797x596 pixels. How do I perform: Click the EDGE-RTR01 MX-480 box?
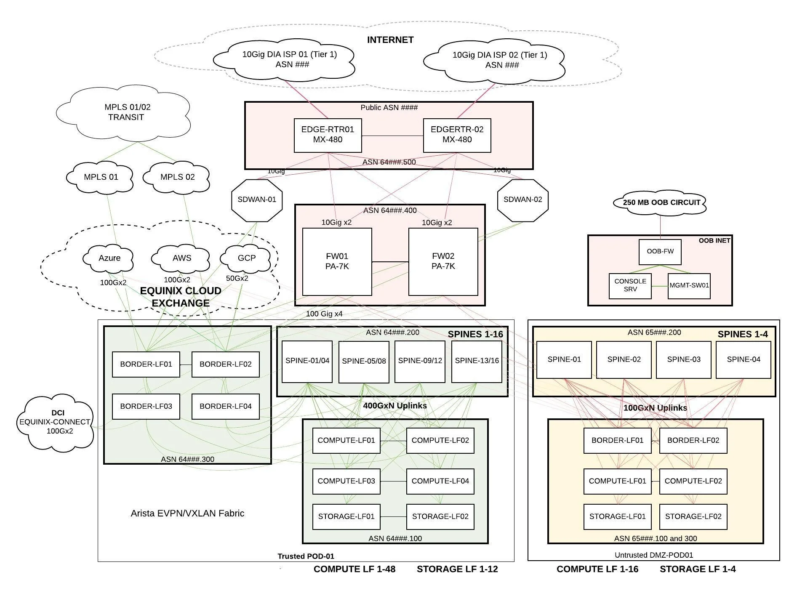point(328,135)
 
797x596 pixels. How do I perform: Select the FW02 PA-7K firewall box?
point(443,261)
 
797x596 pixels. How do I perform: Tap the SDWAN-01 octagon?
point(257,200)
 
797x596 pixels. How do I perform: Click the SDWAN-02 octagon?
point(522,200)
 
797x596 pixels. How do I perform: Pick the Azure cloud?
point(109,258)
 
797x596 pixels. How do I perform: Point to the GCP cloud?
point(246,258)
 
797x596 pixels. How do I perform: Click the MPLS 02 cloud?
point(177,177)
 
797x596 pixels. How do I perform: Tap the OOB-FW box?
point(660,252)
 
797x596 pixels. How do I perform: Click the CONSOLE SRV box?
point(630,286)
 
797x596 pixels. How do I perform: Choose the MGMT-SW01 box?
point(689,286)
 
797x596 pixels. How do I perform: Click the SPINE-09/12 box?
point(420,361)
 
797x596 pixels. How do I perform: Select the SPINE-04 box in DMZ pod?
point(743,359)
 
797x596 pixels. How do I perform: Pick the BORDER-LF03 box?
point(146,406)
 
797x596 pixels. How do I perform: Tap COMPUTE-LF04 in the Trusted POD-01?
point(440,481)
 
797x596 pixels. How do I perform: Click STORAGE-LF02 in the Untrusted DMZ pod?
point(693,516)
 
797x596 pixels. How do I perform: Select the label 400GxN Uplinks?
point(395,406)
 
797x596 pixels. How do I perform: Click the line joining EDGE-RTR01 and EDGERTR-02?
point(392,136)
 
